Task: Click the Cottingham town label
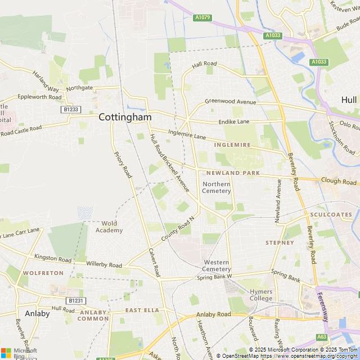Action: (x=125, y=117)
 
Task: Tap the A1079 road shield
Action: (x=202, y=18)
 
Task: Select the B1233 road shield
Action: (x=71, y=110)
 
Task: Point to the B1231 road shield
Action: (x=75, y=301)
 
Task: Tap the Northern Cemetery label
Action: (x=217, y=187)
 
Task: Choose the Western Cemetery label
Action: (x=217, y=265)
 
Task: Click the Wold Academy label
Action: (x=109, y=227)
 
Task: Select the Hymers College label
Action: (x=261, y=295)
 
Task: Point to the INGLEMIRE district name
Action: (x=232, y=145)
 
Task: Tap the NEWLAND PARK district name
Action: (x=233, y=173)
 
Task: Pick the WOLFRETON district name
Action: (x=43, y=273)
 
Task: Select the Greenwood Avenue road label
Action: (x=230, y=102)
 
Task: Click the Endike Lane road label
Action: (x=233, y=121)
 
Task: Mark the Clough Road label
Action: (x=339, y=181)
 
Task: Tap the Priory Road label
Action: (x=123, y=165)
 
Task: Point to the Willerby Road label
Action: (x=104, y=264)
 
